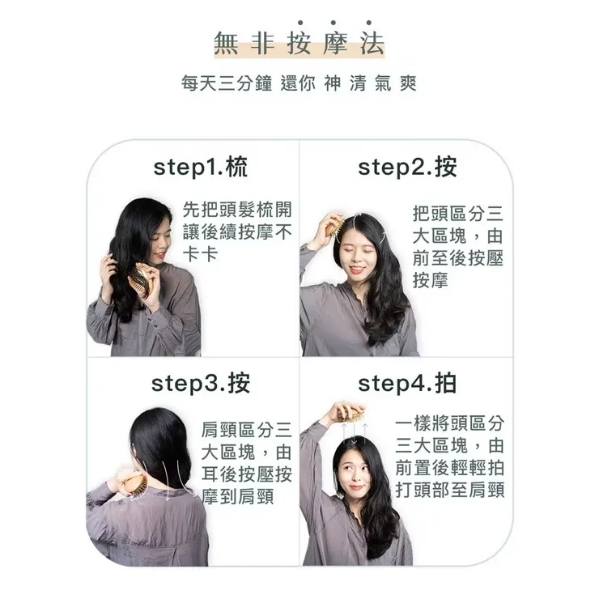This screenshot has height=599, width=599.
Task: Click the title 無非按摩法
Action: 299,44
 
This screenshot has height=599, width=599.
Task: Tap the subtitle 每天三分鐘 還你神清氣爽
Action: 299,83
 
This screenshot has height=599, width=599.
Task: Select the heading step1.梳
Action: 200,168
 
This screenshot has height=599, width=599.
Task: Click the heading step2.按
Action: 407,168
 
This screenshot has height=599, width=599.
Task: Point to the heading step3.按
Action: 200,383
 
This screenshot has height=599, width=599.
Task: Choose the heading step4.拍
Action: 407,383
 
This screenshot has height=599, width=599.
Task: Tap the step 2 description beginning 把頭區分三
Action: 457,248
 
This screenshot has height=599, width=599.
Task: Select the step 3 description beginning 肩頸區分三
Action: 246,463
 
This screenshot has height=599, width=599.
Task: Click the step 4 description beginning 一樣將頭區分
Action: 450,457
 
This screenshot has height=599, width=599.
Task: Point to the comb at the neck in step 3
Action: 133,485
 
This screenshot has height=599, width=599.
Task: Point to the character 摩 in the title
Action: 334,44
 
